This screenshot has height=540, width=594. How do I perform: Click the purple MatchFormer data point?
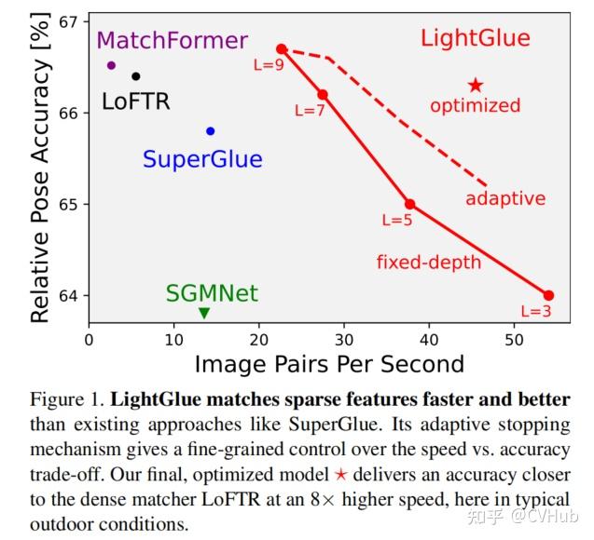[111, 65]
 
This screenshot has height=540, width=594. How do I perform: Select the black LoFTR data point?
[136, 76]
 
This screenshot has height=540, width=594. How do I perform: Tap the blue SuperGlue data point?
[211, 131]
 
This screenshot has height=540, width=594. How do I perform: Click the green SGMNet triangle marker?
[204, 313]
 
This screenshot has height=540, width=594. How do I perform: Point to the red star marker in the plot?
[476, 86]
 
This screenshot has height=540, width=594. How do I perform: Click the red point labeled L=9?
[282, 48]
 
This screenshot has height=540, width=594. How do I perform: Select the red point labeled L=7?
[323, 94]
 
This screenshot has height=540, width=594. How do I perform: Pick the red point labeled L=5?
[409, 204]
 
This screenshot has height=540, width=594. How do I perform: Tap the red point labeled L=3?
[548, 295]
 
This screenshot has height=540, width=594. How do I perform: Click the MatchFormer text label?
[173, 41]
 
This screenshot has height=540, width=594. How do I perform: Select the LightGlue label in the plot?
[475, 39]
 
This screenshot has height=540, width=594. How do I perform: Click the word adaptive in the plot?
[505, 199]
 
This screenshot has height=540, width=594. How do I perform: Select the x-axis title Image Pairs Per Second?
[328, 363]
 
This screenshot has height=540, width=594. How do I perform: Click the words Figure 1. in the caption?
[70, 400]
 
